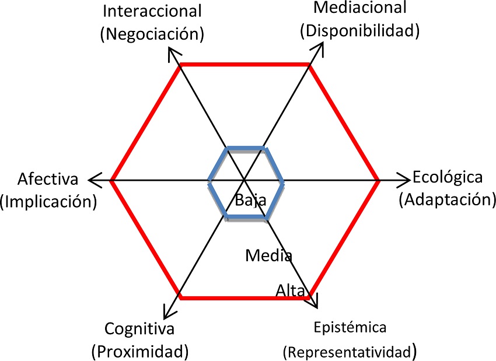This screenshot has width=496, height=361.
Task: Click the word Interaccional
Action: tap(152, 10)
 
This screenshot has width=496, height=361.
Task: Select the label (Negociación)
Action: tap(152, 33)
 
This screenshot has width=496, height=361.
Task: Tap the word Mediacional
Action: tap(360, 8)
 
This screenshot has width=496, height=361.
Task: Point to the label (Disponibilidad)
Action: tap(360, 30)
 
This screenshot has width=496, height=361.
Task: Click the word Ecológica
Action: tap(448, 177)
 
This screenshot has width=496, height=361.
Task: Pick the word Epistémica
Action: tap(350, 327)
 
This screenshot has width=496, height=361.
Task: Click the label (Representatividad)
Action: tap(350, 351)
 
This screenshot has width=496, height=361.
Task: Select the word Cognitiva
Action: tap(139, 328)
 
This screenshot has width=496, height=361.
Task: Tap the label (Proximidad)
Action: tap(139, 351)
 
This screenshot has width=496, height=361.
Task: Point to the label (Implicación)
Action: tap(48, 201)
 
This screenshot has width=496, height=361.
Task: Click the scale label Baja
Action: tap(251, 200)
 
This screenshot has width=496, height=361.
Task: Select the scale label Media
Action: tap(268, 255)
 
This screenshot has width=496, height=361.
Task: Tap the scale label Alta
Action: tap(290, 290)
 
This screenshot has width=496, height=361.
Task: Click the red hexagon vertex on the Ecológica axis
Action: tap(379, 181)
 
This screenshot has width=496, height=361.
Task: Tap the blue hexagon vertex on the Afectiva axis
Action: tap(209, 181)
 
